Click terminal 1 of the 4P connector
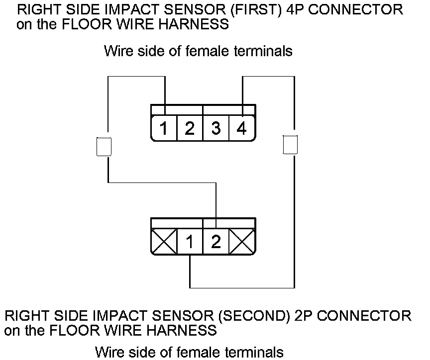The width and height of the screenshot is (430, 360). (x=164, y=129)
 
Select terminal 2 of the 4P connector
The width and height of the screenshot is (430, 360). (x=190, y=129)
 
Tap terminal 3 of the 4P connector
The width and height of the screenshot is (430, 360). (x=216, y=129)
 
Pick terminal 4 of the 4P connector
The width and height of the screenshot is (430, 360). (x=242, y=129)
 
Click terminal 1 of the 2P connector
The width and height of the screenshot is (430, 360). (x=190, y=242)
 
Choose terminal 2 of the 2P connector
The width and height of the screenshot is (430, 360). (x=216, y=242)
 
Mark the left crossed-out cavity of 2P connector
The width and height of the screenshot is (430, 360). (x=164, y=242)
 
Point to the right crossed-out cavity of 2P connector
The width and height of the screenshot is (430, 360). (x=242, y=242)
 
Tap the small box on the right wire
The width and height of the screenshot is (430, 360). (x=290, y=145)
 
